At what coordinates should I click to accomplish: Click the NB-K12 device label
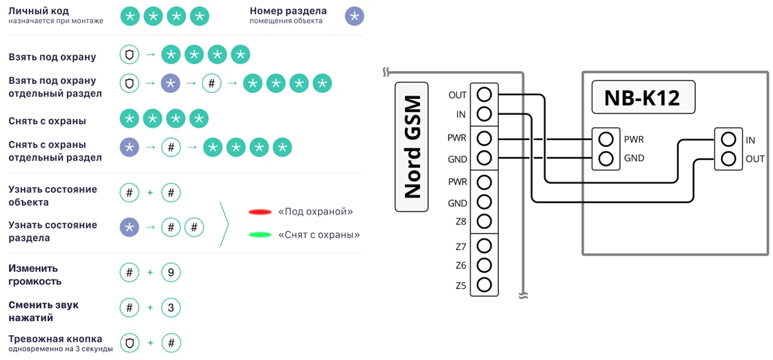[x=643, y=98]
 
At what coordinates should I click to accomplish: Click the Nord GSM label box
[x=412, y=147]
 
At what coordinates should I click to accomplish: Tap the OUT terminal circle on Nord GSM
[x=484, y=94]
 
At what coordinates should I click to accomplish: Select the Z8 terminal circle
[x=484, y=221]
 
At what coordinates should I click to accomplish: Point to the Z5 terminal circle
[x=484, y=285]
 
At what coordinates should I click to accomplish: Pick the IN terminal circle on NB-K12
[x=729, y=140]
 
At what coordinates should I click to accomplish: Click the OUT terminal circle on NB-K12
[x=729, y=158]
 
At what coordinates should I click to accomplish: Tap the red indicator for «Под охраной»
[x=260, y=212]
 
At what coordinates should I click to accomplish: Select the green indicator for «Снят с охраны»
[x=260, y=235]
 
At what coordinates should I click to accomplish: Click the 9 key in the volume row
[x=171, y=273]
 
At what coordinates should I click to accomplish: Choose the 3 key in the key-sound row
[x=171, y=308]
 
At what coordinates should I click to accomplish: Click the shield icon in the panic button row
[x=129, y=343]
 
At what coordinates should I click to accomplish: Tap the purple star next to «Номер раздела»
[x=354, y=16]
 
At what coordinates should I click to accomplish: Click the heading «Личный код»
[x=38, y=11]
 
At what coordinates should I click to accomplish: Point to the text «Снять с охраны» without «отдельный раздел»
[x=47, y=121]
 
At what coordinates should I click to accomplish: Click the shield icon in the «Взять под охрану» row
[x=129, y=55]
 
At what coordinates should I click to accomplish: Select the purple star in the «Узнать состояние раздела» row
[x=129, y=227]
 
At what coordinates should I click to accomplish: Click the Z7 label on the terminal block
[x=461, y=247]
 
